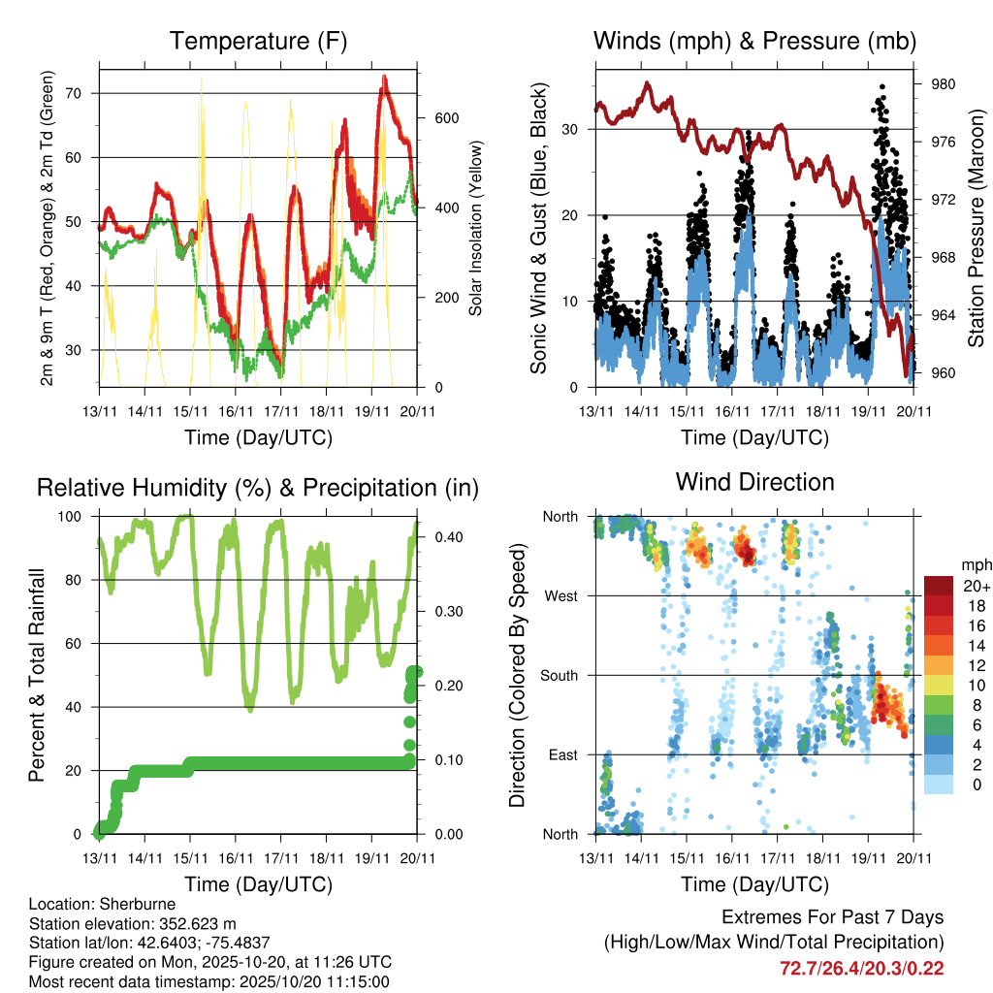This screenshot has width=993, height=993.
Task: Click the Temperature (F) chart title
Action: point(258,41)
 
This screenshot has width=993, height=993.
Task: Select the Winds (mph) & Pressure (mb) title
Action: point(754,41)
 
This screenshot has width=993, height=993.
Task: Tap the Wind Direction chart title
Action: point(754,482)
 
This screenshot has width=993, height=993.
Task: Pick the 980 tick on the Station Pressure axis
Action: point(943,84)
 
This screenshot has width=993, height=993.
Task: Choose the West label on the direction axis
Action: point(560,596)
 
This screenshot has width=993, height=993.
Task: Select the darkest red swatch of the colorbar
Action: point(938,585)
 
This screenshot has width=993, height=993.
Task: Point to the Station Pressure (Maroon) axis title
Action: point(977,215)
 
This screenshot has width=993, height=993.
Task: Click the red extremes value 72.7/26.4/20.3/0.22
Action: point(861,968)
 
